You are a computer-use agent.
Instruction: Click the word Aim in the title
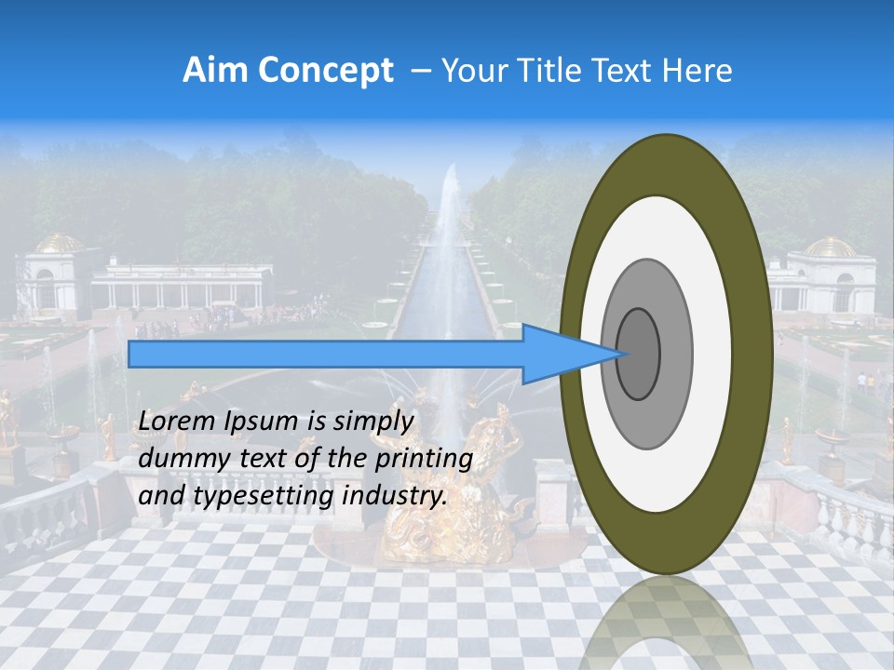[215, 71]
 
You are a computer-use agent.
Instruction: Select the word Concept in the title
[325, 71]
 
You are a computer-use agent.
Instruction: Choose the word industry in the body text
[394, 496]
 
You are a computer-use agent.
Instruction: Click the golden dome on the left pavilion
[59, 243]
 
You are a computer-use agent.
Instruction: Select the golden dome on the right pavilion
[830, 247]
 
